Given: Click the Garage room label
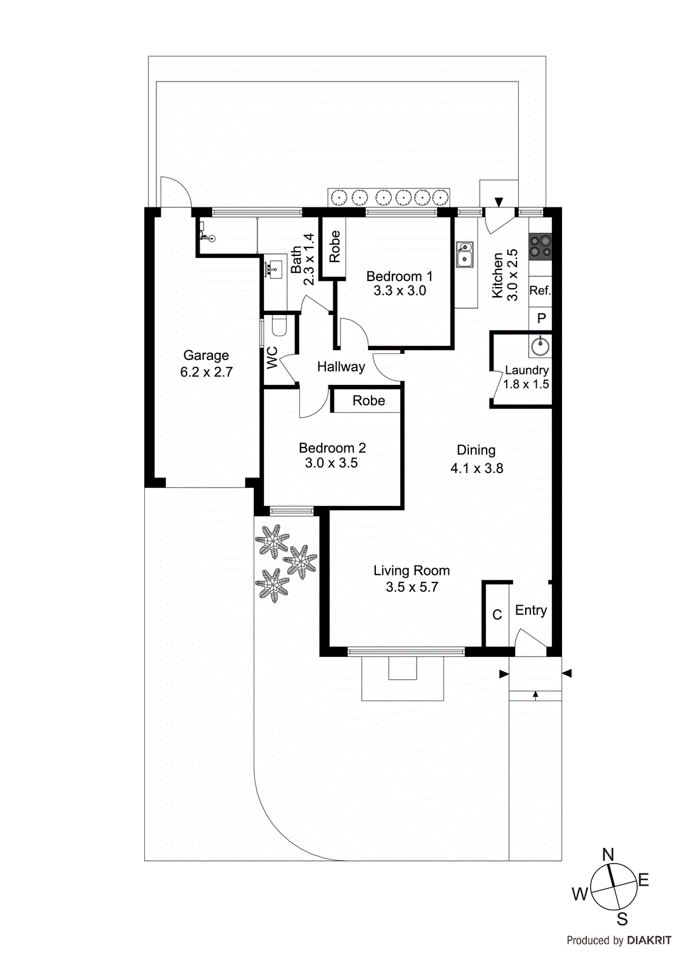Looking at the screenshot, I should coord(206,356).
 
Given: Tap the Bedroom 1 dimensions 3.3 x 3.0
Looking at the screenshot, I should coord(400,291).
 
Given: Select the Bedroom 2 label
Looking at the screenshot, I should coord(332,448).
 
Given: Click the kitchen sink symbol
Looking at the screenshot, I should coord(465,255).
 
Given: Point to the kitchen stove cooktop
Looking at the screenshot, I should coord(540,246).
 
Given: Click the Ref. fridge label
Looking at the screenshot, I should coord(540,291).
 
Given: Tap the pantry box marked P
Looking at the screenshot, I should coord(541,319).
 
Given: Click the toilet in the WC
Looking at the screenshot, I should coord(279,325).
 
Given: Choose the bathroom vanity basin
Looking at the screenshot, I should coord(275,268).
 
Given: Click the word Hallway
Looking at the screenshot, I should coord(341,367).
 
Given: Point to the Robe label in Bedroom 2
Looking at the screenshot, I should coord(369,401).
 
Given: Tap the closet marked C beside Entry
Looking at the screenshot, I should coord(497,615).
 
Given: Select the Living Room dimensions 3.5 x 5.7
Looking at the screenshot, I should coord(412,587).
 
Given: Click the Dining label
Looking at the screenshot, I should coord(476,451).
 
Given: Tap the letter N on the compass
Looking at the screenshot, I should coord(608,854).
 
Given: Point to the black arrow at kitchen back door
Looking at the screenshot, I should coord(499,202).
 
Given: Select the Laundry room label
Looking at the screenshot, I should coord(526,370).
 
